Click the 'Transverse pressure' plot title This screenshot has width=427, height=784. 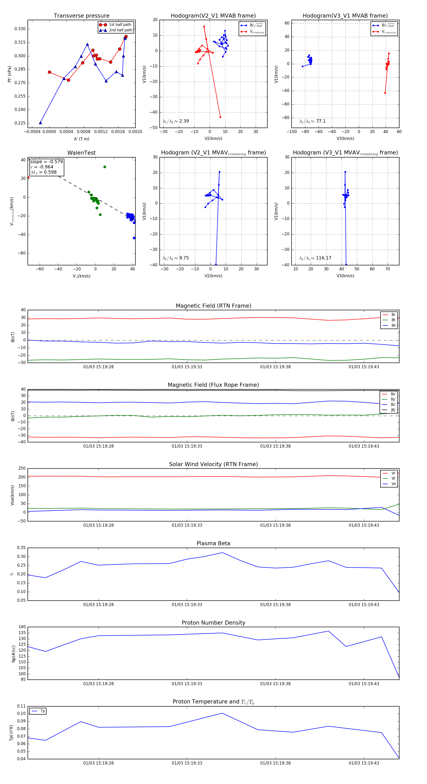[81, 16]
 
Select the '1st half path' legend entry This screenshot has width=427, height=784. [120, 25]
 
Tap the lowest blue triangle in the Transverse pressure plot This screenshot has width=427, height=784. [40, 123]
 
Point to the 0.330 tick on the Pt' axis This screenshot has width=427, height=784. [20, 29]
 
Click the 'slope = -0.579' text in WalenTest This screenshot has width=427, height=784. [46, 162]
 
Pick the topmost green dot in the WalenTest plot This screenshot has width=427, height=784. [105, 167]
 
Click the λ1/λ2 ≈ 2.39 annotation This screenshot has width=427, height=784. [176, 121]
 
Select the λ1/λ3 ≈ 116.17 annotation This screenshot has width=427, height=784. [315, 258]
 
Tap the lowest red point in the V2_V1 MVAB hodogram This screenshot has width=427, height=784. [220, 117]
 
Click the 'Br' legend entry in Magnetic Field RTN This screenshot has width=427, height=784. [393, 315]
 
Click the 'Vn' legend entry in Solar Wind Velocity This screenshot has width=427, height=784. [393, 484]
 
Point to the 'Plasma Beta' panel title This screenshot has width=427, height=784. [213, 543]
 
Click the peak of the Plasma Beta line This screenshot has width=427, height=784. [222, 553]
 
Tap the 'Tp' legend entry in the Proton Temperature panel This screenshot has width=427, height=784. [42, 711]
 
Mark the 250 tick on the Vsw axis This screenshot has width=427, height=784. [22, 468]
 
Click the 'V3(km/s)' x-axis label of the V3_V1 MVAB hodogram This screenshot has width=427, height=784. [345, 139]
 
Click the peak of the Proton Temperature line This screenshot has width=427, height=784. [222, 713]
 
